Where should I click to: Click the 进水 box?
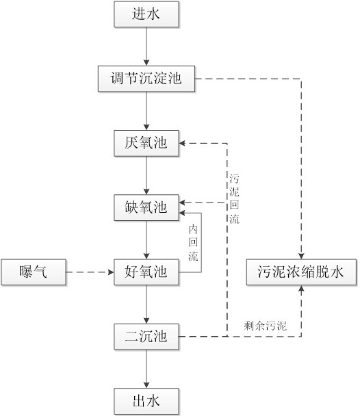(146, 14)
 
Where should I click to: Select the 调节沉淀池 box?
(146, 79)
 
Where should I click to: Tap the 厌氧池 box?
(146, 143)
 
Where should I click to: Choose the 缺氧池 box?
(146, 208)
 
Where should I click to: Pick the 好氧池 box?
(146, 272)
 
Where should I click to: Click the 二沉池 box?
(146, 337)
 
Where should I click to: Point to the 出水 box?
(146, 401)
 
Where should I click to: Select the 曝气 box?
(34, 272)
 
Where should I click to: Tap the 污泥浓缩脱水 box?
(301, 272)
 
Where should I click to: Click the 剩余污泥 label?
(265, 326)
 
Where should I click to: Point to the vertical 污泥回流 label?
(234, 198)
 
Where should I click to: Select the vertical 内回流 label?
(193, 243)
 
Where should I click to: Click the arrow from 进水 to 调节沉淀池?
(146, 47)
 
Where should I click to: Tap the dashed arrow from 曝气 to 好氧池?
(90, 272)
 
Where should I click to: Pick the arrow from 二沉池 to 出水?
(146, 369)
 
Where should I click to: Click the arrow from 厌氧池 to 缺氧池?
(146, 175)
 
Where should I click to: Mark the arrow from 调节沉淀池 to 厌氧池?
(146, 111)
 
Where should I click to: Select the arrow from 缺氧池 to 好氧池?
(146, 240)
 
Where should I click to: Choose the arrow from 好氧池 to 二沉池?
(146, 304)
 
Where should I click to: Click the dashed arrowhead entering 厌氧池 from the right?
(182, 144)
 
